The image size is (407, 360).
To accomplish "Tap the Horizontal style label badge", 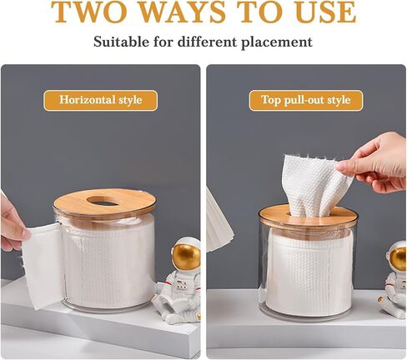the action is click(x=100, y=100).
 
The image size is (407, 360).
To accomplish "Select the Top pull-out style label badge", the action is click(x=306, y=100).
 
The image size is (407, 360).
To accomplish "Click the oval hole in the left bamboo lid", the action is click(x=106, y=201).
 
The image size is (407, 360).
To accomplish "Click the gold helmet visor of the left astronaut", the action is click(x=187, y=255).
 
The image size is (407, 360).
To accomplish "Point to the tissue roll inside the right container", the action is click(x=309, y=272).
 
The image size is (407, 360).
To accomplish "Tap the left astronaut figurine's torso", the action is click(x=181, y=285).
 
